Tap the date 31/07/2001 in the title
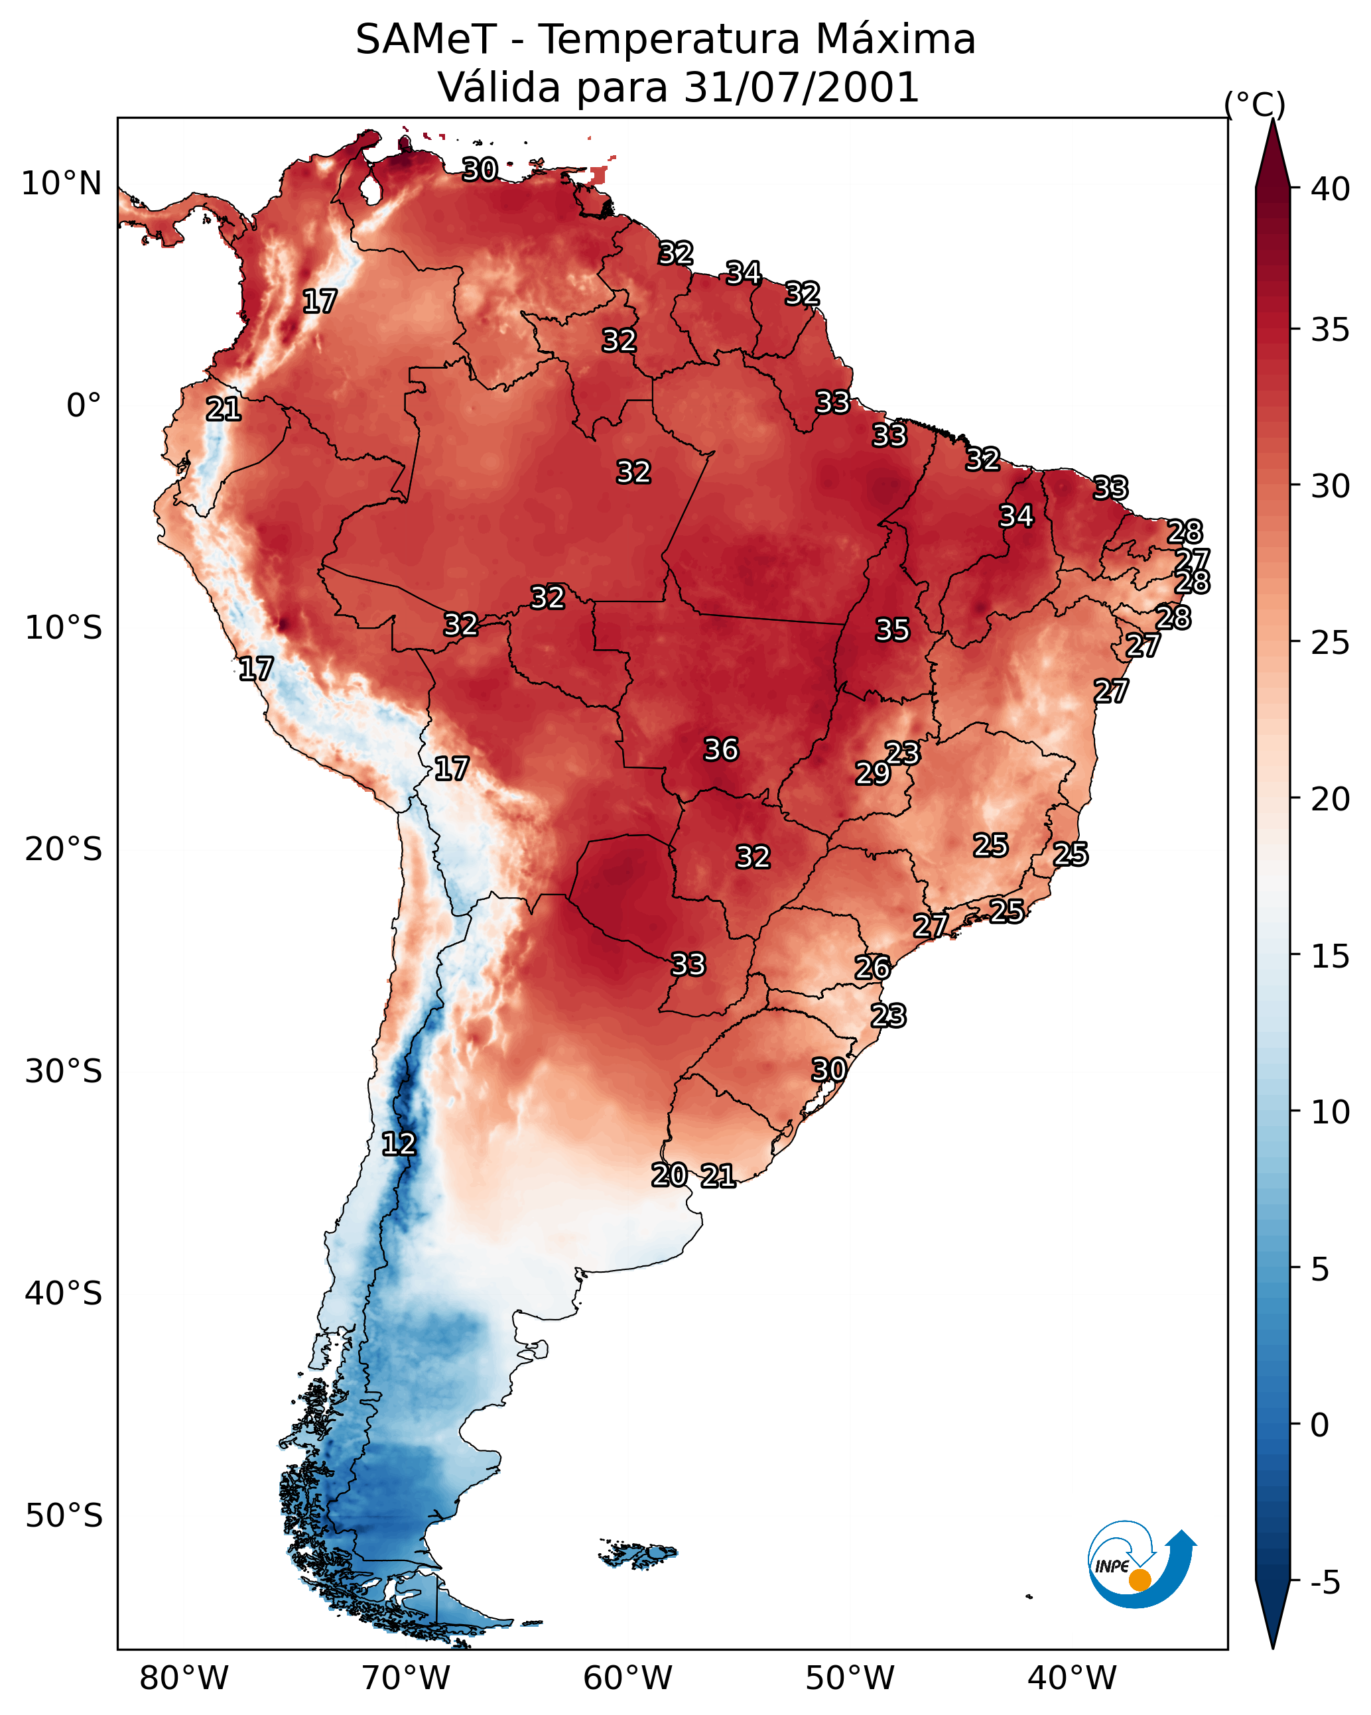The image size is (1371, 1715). click(x=801, y=88)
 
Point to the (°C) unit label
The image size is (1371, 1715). click(x=1255, y=104)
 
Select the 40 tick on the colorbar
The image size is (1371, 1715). click(x=1330, y=189)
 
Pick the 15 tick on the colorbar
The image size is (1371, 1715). click(x=1330, y=956)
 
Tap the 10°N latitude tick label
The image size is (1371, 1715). click(x=61, y=184)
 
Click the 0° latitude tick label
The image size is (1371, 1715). click(x=84, y=406)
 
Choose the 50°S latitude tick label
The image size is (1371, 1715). click(x=64, y=1516)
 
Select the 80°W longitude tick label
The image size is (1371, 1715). click(x=184, y=1679)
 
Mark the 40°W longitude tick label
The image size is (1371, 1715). click(x=1072, y=1679)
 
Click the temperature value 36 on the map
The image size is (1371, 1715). click(x=721, y=749)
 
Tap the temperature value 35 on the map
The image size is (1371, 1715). click(x=892, y=630)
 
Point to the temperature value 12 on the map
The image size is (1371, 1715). click(x=399, y=1144)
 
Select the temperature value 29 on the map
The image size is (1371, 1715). click(x=872, y=773)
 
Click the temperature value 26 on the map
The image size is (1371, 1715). click(x=872, y=968)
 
